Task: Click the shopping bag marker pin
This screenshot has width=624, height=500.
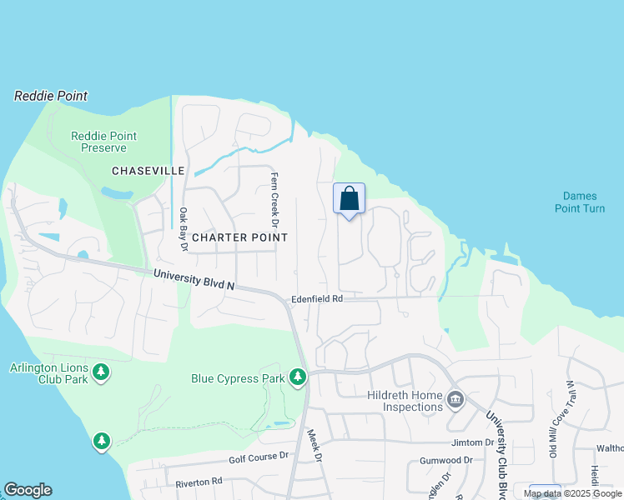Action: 350,200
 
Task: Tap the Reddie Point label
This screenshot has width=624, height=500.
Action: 51,96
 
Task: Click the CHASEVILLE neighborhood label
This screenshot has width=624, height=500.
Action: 148,170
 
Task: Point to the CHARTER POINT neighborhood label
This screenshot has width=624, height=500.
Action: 239,237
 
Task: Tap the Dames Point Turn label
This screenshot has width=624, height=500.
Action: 580,202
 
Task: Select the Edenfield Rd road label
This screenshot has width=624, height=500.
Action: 317,299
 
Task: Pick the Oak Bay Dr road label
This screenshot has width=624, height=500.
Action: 184,227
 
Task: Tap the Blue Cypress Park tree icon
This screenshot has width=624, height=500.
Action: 298,377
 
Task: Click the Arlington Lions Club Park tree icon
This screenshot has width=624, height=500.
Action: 101,372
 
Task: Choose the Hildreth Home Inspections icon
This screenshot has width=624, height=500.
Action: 455,400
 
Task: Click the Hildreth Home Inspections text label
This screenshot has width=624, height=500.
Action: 405,401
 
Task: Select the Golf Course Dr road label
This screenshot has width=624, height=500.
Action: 259,457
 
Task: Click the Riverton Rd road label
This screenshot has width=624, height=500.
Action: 199,482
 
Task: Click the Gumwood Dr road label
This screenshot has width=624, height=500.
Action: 446,460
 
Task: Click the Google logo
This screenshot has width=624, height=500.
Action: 28,490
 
